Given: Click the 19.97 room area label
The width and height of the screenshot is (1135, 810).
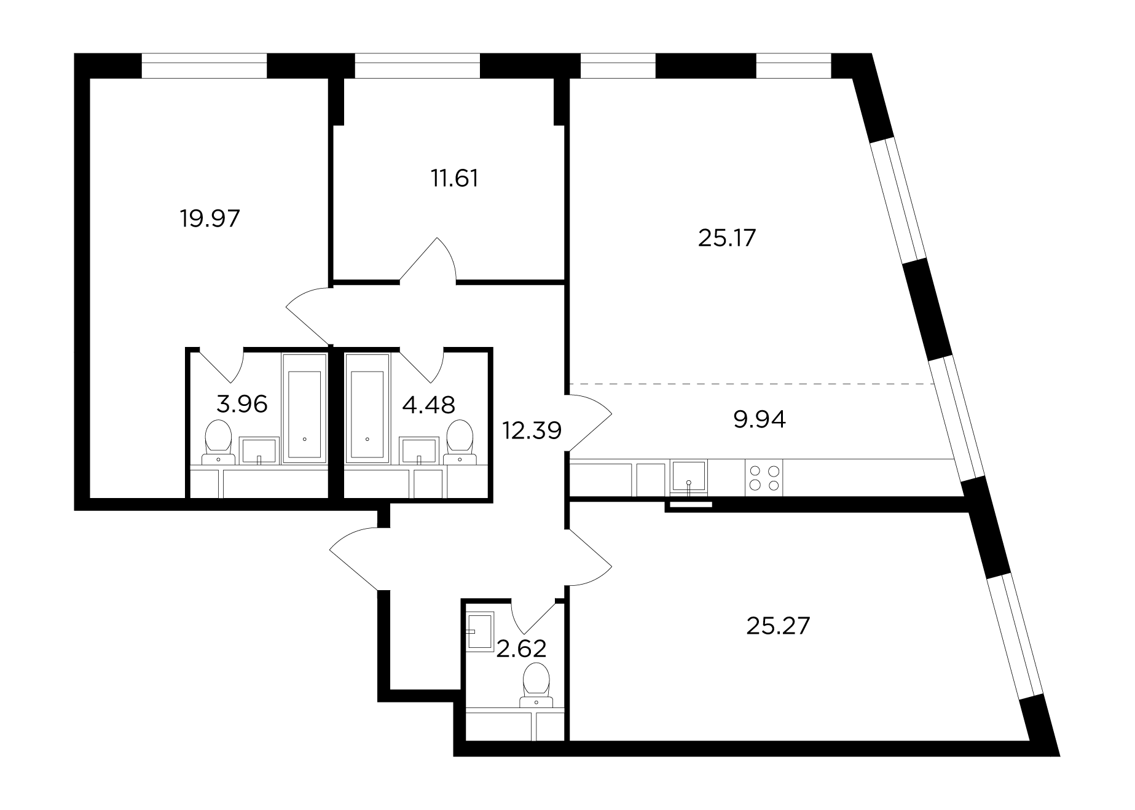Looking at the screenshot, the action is [210, 218].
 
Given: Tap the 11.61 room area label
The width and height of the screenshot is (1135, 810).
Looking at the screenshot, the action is [454, 178].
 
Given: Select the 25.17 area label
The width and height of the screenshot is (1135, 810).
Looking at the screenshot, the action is [726, 238].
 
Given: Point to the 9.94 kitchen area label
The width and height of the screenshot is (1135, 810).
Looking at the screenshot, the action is [760, 420].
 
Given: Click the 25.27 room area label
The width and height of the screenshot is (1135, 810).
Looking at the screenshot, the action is [778, 626].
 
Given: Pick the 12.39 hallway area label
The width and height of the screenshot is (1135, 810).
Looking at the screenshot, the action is [532, 430].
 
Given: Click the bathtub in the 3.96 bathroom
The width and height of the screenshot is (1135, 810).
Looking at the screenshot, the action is [304, 408].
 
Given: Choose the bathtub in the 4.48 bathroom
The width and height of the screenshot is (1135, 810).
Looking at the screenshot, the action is [367, 408].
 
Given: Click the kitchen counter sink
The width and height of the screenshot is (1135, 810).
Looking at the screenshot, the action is [689, 477].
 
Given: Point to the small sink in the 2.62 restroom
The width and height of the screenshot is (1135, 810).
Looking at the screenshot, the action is [480, 631].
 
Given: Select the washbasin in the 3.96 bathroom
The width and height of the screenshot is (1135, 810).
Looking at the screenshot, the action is [259, 451].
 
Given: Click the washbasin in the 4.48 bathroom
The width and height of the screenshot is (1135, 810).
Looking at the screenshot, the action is [419, 451].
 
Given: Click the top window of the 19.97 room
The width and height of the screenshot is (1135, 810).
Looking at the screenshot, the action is [205, 66].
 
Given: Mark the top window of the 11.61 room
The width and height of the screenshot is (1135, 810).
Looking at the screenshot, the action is [417, 66].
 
